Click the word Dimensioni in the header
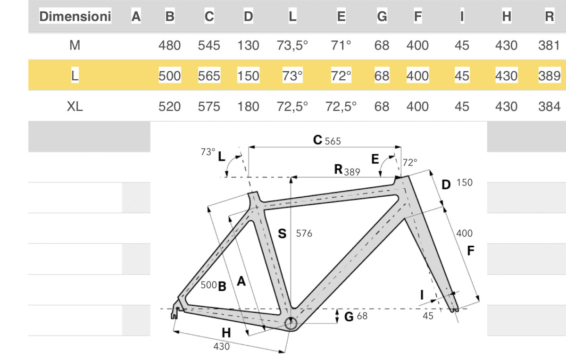tap(75, 17)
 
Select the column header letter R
tap(549, 17)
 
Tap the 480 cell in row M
tap(169, 45)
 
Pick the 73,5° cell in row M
tap(292, 45)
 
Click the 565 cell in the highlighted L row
tap(209, 76)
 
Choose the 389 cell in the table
tap(549, 76)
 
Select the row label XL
tap(75, 107)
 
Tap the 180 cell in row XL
tap(248, 107)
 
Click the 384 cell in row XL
tap(549, 107)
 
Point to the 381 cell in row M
tap(549, 45)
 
